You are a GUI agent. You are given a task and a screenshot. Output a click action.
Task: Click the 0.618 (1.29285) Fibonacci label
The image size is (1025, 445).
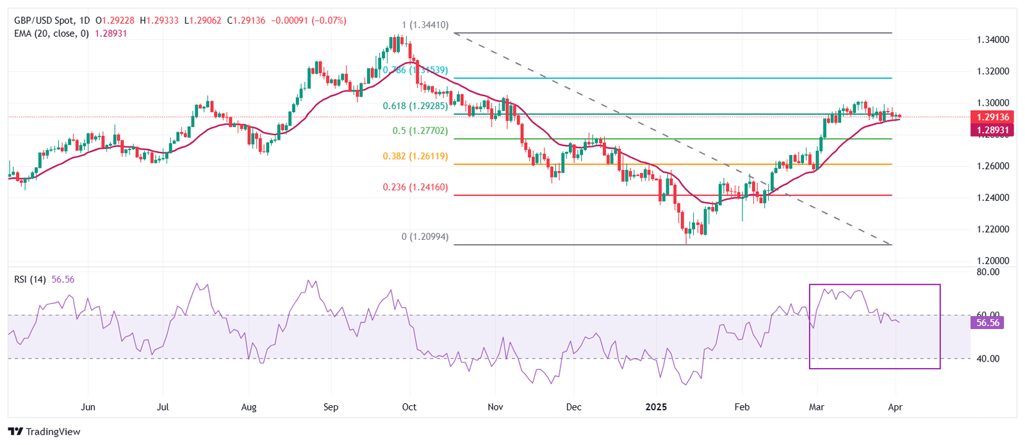[415, 106]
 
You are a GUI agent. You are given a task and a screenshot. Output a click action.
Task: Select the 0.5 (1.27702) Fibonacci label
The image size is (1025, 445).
[420, 131]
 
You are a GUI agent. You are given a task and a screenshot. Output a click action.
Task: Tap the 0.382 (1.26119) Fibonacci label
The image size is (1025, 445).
[415, 156]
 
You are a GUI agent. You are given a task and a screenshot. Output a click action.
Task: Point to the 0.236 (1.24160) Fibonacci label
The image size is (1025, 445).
[415, 187]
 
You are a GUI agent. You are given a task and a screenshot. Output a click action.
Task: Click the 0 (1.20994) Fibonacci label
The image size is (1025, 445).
[425, 237]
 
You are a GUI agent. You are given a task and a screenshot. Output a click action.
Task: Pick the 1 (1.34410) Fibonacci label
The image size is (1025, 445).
[425, 26]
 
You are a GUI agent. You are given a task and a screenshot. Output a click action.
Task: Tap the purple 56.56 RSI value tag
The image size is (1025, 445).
[987, 323]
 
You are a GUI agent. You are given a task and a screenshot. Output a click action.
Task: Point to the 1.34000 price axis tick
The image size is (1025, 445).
[993, 40]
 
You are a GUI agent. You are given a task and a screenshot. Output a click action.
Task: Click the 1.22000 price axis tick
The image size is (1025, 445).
[993, 230]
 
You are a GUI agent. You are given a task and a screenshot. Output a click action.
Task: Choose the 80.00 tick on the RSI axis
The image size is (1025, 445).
[988, 272]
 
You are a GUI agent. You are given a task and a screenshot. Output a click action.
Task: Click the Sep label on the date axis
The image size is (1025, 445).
[331, 407]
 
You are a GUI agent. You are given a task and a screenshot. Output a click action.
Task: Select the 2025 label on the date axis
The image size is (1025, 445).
[656, 407]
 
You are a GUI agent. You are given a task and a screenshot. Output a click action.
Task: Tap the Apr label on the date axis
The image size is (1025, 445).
[896, 407]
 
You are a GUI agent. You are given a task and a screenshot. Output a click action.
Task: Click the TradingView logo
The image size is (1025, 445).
[44, 432]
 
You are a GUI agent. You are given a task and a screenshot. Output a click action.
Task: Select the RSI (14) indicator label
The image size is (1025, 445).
[30, 280]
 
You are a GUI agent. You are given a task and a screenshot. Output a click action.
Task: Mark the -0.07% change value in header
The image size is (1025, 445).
[329, 21]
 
